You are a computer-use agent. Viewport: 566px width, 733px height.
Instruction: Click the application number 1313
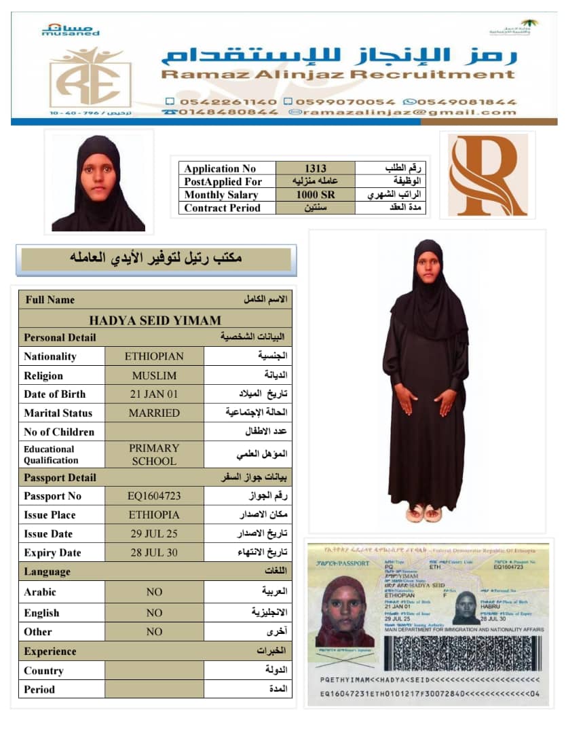315,168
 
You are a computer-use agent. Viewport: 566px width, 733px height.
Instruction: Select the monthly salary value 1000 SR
315,195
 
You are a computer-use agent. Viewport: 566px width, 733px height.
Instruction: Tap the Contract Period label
222,208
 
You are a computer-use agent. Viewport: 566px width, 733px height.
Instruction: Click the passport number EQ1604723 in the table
154,496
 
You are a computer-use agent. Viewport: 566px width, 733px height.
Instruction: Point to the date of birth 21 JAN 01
154,394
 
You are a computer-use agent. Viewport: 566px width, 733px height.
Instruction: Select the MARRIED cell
154,413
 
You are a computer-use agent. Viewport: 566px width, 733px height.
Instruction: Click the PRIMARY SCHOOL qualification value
154,455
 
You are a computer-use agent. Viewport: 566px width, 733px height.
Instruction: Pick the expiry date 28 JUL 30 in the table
154,552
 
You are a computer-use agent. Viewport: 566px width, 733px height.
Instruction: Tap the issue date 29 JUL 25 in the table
154,533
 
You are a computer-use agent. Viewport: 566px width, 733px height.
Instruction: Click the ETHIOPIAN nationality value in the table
154,356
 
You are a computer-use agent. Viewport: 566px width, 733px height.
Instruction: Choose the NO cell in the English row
154,613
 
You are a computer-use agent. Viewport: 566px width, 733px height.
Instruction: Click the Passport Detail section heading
60,478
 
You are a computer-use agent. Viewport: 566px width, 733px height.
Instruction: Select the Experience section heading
50,652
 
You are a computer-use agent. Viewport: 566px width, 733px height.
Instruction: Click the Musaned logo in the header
70,29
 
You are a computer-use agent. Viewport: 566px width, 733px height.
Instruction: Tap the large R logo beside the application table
487,175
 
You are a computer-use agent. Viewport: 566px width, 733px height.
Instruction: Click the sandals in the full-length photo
423,513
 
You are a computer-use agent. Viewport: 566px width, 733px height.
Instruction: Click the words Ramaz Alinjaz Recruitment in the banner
338,75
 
